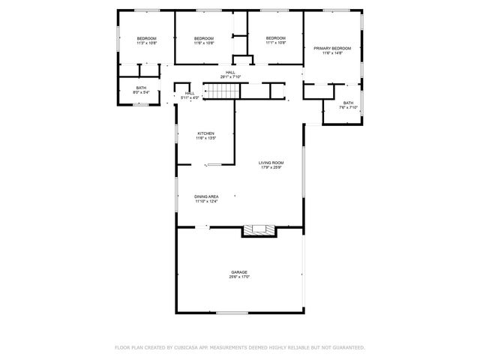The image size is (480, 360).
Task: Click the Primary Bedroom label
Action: pos(331,48)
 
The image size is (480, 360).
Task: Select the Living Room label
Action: pos(271,162)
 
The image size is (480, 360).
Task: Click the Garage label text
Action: pos(239,272)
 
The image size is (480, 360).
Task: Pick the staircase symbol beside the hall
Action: pos(222,91)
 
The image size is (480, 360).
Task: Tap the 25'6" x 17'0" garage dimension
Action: pos(239,277)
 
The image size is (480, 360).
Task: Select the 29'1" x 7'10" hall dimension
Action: pos(230,77)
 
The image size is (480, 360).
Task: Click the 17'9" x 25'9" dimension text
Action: pos(271,167)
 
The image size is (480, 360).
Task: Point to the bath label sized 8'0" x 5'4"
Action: pos(142,87)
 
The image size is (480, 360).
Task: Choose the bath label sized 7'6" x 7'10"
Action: pos(348,103)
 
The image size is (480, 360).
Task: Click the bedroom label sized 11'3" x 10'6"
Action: pos(146,38)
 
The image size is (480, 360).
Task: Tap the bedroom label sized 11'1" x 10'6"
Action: pos(276,38)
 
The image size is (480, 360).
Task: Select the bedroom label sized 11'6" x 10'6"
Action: pos(204,38)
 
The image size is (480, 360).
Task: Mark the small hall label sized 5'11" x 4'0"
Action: pos(190,93)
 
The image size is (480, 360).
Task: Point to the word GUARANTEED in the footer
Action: pos(347,347)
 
